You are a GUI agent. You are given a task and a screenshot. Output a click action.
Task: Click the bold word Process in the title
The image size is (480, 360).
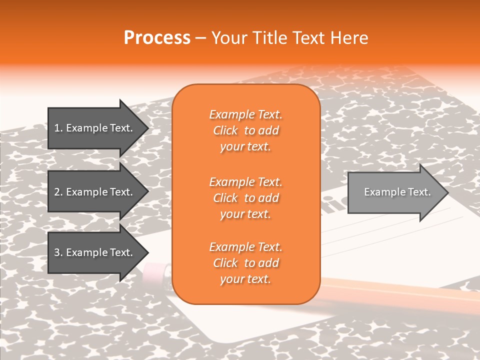157,38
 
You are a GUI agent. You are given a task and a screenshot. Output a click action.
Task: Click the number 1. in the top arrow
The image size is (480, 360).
58,128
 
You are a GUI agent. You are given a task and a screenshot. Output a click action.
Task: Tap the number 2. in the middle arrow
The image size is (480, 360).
58,192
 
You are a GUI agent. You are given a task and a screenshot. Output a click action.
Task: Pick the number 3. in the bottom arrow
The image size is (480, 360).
58,252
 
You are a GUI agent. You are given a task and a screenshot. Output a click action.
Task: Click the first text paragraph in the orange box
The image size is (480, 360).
245,130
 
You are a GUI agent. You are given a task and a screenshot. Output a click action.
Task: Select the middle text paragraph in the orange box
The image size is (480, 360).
245,198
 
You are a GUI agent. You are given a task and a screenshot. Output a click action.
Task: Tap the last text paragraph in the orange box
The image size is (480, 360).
245,263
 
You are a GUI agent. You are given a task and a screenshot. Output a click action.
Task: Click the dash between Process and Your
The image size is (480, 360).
200,38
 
